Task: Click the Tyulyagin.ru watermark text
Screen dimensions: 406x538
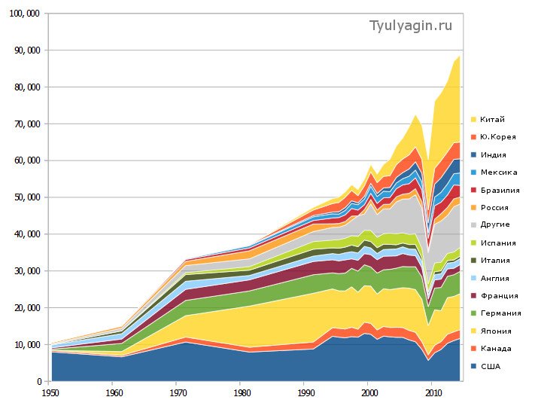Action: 411,26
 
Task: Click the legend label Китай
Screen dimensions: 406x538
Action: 492,119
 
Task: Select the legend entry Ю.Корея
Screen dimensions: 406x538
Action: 496,136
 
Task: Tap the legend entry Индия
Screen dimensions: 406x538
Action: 493,154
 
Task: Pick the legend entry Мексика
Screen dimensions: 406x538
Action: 498,172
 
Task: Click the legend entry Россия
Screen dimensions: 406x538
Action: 494,207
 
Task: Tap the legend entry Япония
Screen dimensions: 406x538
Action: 495,331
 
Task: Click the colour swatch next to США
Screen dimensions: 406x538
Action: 474,366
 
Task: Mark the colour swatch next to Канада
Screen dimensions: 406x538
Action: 474,349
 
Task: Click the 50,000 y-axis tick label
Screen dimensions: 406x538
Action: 24,197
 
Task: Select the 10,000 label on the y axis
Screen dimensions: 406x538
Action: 24,345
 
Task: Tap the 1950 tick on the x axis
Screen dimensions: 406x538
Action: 50,392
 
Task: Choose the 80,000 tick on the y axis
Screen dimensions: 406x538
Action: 24,87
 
